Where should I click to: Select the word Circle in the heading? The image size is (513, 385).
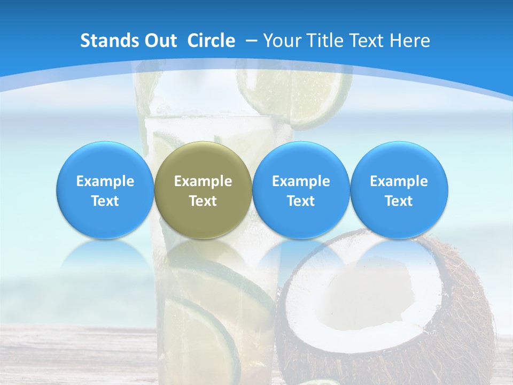(x=211, y=41)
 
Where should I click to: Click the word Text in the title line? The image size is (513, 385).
(x=369, y=41)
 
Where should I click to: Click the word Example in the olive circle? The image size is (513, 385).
(x=203, y=181)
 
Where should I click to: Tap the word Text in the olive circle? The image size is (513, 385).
(x=203, y=201)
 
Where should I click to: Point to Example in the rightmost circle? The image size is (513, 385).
(x=399, y=181)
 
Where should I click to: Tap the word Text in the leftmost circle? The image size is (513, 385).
(x=105, y=201)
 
